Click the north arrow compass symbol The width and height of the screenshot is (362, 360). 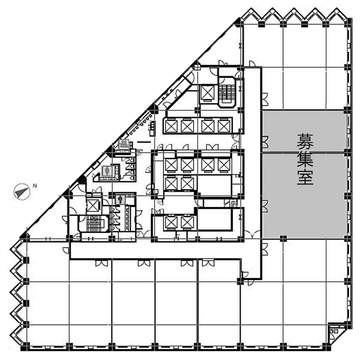click(22, 192)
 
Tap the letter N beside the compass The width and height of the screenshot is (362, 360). click(35, 185)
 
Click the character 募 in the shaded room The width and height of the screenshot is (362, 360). click(305, 141)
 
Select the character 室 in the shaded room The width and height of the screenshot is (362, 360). click(305, 177)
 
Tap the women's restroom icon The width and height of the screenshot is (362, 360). click(107, 171)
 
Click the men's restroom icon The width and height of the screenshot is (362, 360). click(120, 200)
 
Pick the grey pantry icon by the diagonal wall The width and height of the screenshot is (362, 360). click(124, 144)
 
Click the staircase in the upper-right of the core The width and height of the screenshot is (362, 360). click(227, 92)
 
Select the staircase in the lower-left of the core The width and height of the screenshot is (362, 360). click(94, 223)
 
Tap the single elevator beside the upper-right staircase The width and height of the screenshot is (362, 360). click(208, 93)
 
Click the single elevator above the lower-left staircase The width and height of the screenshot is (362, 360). click(93, 206)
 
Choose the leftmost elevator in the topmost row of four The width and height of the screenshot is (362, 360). click(171, 126)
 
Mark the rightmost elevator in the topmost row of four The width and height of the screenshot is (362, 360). click(224, 126)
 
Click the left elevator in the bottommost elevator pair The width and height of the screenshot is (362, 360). click(171, 223)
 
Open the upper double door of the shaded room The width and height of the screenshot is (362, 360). click(265, 142)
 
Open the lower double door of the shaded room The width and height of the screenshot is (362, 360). click(265, 206)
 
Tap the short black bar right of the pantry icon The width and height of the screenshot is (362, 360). click(144, 142)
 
